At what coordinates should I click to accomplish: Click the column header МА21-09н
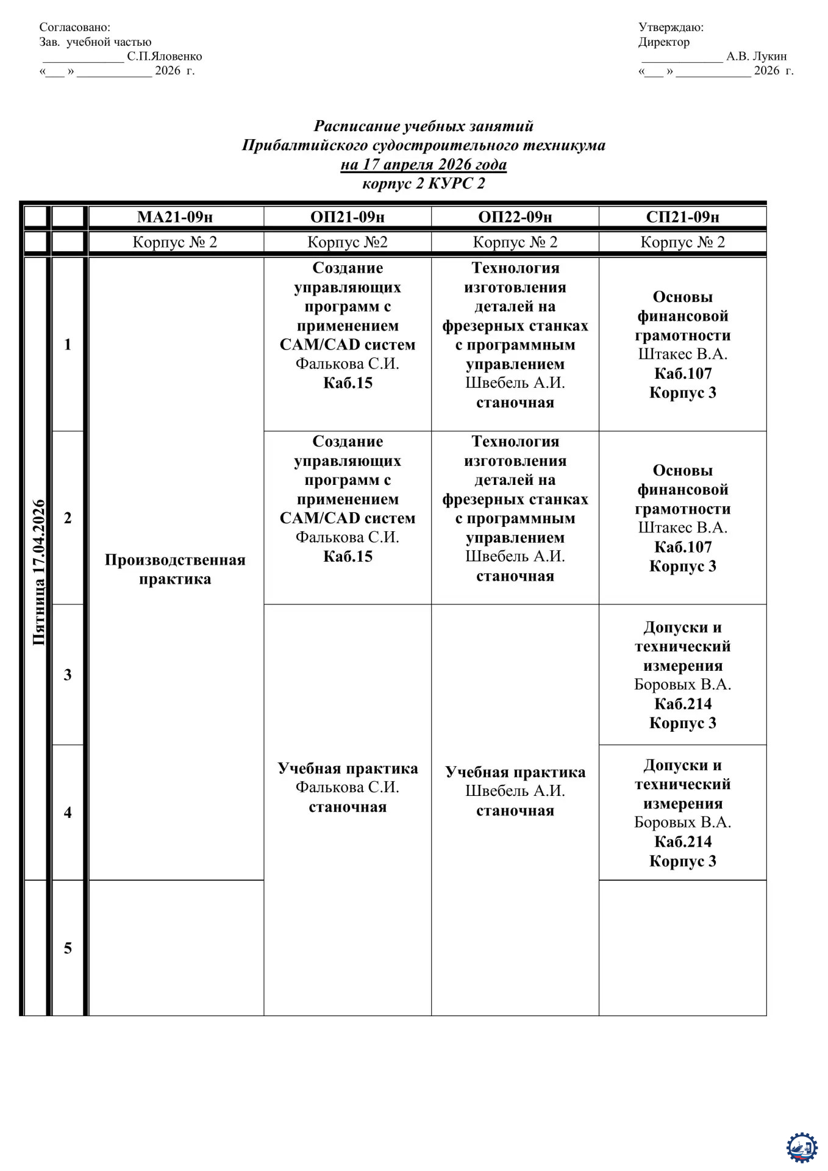[175, 217]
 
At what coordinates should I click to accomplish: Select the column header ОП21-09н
[348, 217]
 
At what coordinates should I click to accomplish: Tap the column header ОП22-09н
[515, 217]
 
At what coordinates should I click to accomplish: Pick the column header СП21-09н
[682, 217]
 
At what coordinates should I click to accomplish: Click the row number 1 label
[68, 345]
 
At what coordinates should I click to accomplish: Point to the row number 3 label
[68, 675]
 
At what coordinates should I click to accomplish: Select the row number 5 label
[68, 948]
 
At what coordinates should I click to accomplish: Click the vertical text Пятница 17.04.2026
[38, 572]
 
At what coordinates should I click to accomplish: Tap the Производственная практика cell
[175, 569]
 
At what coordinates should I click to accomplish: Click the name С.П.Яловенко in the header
[165, 57]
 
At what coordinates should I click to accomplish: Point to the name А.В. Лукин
[756, 57]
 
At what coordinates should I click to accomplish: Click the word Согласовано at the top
[74, 27]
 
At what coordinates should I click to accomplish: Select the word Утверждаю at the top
[671, 27]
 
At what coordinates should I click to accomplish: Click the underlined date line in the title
[423, 165]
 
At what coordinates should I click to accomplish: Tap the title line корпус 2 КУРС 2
[423, 184]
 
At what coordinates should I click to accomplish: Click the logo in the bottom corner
[801, 1147]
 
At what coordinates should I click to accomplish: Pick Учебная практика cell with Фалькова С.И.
[348, 787]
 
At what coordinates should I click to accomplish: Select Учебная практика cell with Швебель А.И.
[515, 790]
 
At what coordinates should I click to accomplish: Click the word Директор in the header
[664, 42]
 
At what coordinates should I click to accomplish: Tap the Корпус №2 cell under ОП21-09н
[348, 242]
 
